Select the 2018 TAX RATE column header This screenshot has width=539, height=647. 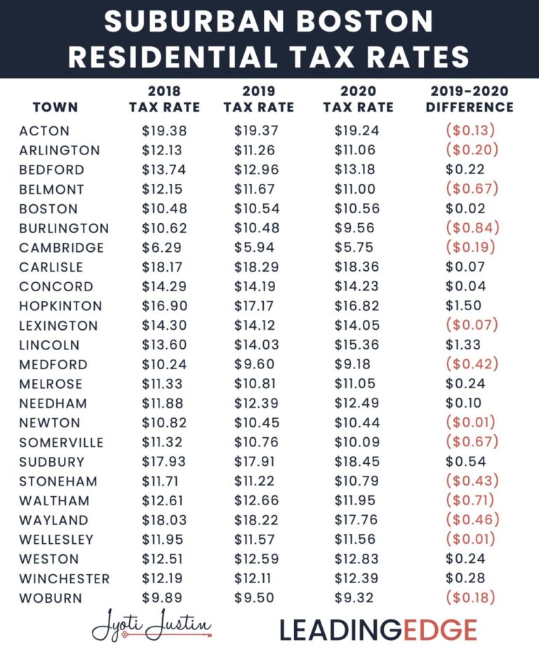click(x=164, y=100)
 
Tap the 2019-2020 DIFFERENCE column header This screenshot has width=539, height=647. click(x=470, y=100)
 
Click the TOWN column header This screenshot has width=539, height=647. click(x=55, y=108)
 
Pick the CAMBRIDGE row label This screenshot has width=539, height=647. click(x=62, y=248)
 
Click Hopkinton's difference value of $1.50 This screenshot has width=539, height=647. click(x=463, y=306)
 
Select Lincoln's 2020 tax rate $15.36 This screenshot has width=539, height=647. click(x=358, y=345)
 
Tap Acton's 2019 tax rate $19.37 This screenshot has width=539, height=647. click(x=258, y=131)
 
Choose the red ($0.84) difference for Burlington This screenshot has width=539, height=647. click(x=470, y=228)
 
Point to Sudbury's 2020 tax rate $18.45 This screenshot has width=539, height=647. click(x=358, y=462)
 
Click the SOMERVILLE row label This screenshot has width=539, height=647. click(x=62, y=443)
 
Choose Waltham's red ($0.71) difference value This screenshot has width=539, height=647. click(x=470, y=500)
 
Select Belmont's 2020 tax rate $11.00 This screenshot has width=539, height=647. click(x=358, y=189)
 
